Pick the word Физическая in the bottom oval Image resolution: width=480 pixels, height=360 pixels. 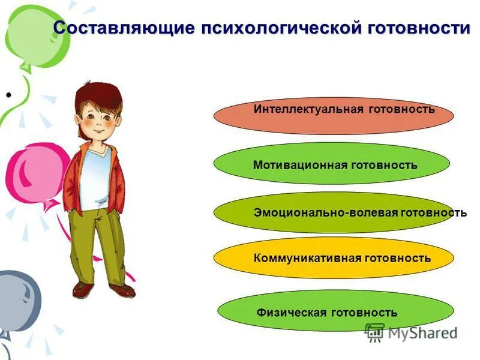click(292, 312)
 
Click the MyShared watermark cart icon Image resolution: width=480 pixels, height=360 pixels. click(374, 332)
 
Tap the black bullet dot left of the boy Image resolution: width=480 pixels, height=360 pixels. click(9, 95)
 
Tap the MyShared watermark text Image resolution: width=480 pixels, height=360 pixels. click(422, 332)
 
